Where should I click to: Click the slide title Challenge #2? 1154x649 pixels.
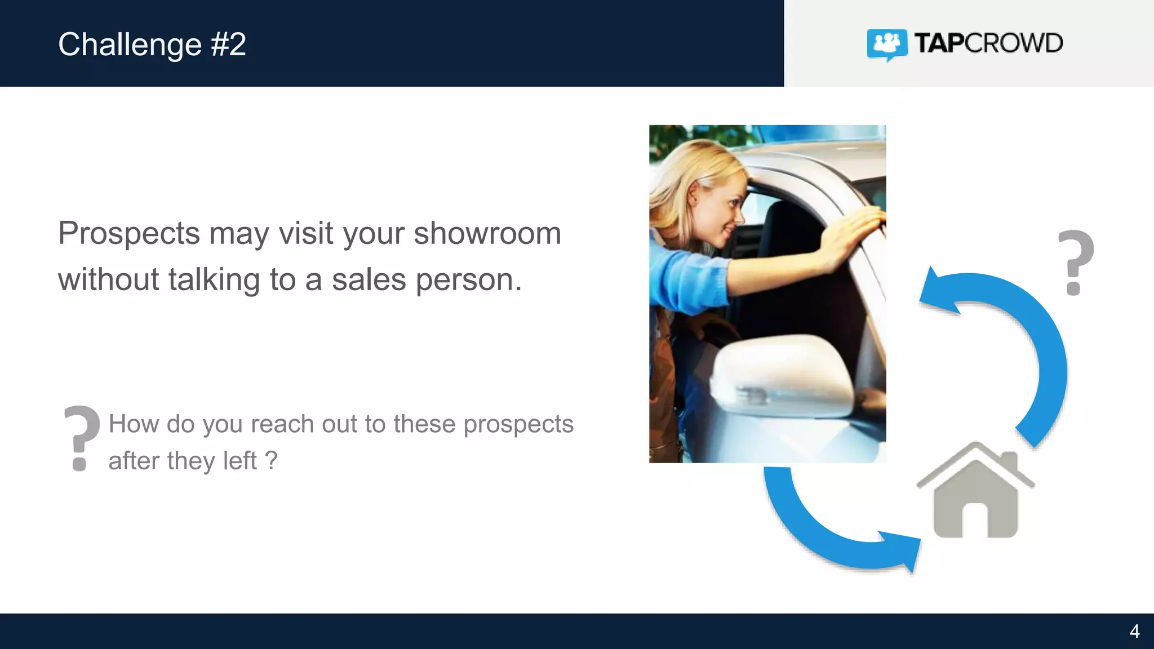(152, 45)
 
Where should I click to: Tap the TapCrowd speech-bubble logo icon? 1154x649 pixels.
(887, 44)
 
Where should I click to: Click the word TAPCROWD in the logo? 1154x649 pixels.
(988, 43)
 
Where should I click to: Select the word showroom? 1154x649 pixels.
(487, 233)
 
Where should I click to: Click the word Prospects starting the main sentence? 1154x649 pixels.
(129, 233)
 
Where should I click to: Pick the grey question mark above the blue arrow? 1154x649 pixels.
(1076, 263)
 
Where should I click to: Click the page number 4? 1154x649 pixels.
(1134, 631)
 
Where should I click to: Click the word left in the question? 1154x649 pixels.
(240, 461)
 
